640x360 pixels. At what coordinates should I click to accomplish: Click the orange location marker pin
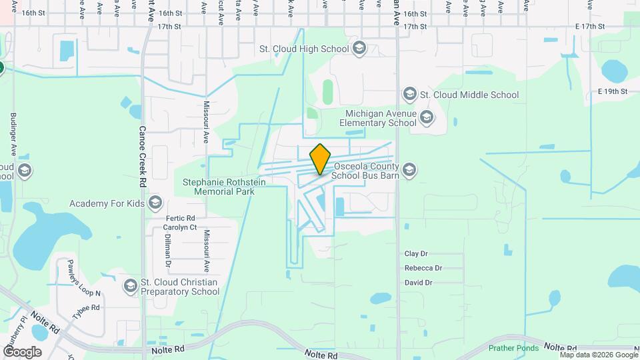coord(321,159)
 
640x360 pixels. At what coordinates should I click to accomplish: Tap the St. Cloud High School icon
coord(359,48)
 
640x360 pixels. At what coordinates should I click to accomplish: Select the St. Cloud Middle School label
coord(469,95)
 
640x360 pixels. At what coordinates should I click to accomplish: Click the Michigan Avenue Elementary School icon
coord(427,118)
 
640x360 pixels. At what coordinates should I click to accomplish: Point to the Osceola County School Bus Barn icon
coord(409,171)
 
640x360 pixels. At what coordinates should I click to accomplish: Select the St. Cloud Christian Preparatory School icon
coord(130,287)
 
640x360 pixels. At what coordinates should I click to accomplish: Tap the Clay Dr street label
coord(416,254)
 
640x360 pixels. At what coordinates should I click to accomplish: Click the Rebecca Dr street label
coord(423,268)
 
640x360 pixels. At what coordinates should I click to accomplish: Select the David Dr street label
coord(419,283)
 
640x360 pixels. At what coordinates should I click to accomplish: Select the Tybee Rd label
coord(86,307)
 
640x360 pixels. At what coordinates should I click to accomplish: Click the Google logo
coord(21,351)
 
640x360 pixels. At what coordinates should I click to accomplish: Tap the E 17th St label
coord(589,27)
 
